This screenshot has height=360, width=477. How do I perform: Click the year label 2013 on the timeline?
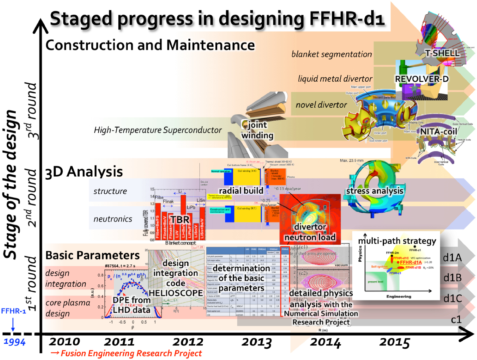click(x=257, y=342)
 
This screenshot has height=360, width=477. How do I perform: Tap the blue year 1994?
click(x=15, y=342)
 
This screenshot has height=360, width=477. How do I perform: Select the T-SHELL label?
click(x=442, y=53)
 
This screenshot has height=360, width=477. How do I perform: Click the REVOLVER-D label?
click(x=422, y=79)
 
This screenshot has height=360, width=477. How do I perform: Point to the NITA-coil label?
click(x=439, y=131)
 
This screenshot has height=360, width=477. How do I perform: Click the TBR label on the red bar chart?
click(x=180, y=220)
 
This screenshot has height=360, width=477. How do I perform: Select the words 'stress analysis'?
click(x=375, y=191)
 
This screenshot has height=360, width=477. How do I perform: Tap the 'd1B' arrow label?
click(x=453, y=278)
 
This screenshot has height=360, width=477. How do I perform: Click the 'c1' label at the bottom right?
click(x=456, y=319)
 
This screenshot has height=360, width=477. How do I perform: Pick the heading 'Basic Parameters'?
click(x=92, y=255)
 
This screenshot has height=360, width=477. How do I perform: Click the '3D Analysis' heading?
click(x=84, y=172)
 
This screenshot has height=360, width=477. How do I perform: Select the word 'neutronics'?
click(x=113, y=219)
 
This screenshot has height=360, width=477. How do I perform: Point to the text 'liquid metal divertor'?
click(x=335, y=79)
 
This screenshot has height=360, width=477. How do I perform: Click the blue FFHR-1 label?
click(x=13, y=311)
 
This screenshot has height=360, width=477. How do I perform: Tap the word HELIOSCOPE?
click(x=176, y=293)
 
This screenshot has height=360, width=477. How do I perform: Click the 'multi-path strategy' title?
click(x=397, y=241)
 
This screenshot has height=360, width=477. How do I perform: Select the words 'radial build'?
click(x=241, y=190)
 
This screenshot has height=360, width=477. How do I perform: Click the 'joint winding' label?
click(x=257, y=130)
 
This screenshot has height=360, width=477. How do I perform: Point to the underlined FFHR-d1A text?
click(x=411, y=262)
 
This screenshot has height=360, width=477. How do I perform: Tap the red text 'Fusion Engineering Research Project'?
click(x=131, y=353)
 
